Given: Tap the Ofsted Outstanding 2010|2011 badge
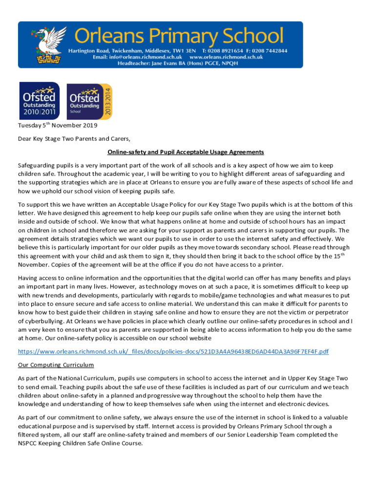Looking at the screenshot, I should [40, 101].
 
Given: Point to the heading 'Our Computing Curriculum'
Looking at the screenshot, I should [56, 365].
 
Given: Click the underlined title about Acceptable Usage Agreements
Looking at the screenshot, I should [186, 152].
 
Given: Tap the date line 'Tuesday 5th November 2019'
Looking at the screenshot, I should [58, 125].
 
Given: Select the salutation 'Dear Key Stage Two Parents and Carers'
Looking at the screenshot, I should [74, 139].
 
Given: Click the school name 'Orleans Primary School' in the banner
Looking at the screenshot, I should [179, 36].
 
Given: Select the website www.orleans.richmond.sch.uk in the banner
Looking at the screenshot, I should [226, 57].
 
